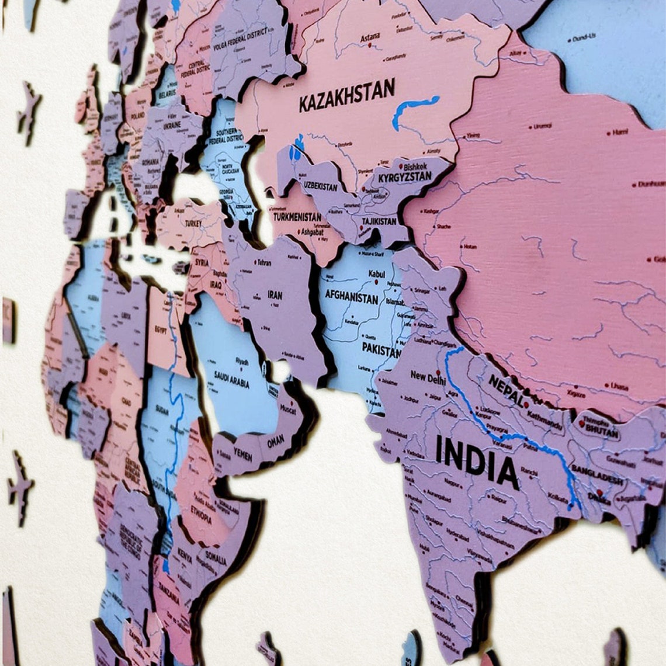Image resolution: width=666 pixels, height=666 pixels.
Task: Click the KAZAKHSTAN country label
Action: pos(347,95)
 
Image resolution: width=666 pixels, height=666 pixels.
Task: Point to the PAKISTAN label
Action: pos(381,349)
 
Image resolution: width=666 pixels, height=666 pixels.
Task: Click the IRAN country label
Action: pos(275,295)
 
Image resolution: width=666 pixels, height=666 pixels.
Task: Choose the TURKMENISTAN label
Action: pos(297,217)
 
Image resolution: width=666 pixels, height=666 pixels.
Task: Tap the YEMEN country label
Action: pos(243,453)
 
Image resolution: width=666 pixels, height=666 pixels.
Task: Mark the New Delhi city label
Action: pos(428,377)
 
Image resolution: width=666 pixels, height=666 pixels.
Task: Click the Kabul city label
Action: pos(376,274)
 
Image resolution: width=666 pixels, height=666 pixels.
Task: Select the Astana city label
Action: pos(369,37)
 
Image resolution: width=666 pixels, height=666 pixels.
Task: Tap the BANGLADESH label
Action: pos(596,475)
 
